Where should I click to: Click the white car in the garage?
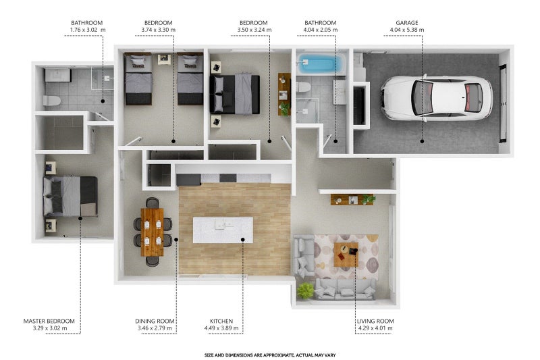coord(436,99)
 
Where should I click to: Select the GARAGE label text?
coord(407,23)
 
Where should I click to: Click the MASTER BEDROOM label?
coord(49,321)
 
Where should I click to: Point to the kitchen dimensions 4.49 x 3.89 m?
coord(221,328)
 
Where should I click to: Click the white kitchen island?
coord(223,230)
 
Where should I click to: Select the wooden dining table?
coord(153,232)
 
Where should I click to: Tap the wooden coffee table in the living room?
coord(346,254)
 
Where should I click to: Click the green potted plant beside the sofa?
coord(306,290)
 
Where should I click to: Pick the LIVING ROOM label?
coord(375,321)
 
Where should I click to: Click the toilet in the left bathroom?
coord(52,101)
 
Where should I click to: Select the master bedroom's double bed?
coord(70,197)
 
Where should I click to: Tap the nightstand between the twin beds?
coord(164,59)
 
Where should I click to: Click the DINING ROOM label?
coord(155,321)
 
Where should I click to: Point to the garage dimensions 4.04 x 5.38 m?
coord(407,30)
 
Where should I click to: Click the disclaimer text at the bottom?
coord(270,355)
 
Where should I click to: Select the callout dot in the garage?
coord(423,141)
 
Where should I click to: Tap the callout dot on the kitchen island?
coord(243,239)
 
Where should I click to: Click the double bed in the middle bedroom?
coord(234,94)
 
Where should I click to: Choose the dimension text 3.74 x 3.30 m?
coord(158,30)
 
